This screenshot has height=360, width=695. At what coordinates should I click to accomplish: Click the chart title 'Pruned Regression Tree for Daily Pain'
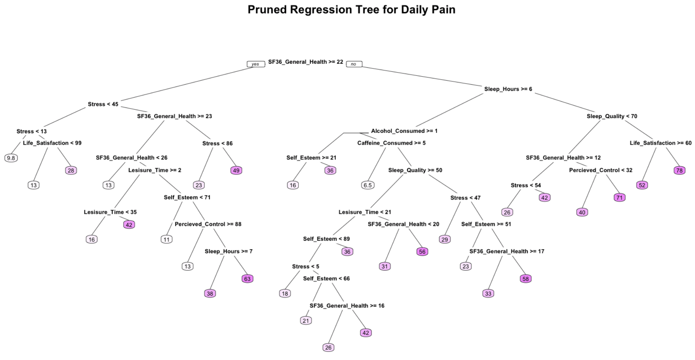(351, 10)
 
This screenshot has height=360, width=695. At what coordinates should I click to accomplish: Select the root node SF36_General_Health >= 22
(305, 62)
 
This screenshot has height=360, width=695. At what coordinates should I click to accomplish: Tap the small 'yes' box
(255, 64)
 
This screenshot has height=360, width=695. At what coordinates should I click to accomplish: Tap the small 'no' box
(354, 64)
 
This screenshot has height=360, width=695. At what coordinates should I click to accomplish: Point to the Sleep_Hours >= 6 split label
(508, 89)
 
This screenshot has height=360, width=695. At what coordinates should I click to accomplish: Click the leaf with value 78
(679, 170)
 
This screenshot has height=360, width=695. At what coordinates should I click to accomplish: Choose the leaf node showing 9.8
(11, 158)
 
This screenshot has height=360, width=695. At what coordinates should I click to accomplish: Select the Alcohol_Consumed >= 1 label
(404, 131)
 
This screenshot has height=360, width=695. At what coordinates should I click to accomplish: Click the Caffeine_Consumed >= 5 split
(391, 143)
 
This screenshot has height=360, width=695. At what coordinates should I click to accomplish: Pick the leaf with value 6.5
(367, 185)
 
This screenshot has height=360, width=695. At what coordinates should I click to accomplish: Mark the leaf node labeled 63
(247, 279)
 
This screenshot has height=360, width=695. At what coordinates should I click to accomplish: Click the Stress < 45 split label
(103, 104)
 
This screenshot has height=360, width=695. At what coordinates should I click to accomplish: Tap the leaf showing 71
(620, 198)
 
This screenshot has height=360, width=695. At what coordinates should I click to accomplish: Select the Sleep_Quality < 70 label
(612, 116)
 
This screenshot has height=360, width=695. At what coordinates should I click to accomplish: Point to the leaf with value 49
(236, 170)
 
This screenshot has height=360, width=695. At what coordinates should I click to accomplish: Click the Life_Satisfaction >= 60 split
(660, 143)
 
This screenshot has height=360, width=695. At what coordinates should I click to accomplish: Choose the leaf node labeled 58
(525, 279)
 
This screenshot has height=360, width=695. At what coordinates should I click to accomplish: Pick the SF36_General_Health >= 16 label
(347, 306)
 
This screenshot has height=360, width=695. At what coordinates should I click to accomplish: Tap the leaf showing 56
(422, 252)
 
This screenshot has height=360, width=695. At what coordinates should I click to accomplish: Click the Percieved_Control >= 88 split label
(208, 224)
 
